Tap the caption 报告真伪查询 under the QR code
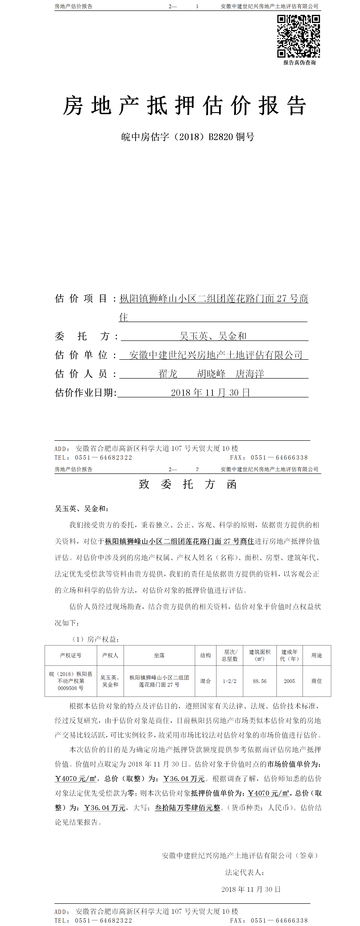[299, 63]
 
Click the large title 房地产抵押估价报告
[184, 106]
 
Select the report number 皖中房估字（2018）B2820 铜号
[188, 137]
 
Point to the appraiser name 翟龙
[168, 374]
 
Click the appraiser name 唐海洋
[250, 374]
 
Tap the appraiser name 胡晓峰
[211, 374]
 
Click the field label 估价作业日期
[86, 393]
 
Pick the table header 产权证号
[71, 655]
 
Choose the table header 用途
[316, 655]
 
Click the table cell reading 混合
[206, 681]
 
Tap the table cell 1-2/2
[230, 681]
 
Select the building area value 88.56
[260, 681]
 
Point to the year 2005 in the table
[289, 681]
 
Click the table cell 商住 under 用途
[316, 681]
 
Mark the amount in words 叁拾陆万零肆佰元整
[187, 808]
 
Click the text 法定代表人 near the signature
[245, 872]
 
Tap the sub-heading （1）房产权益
[96, 639]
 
